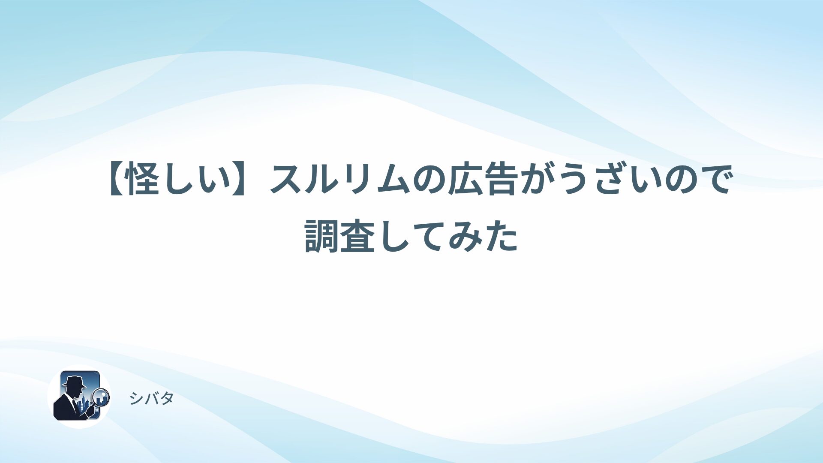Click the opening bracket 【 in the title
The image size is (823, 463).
(x=118, y=179)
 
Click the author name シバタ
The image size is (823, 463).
(x=151, y=398)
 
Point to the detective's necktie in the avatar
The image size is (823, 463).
(x=75, y=406)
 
